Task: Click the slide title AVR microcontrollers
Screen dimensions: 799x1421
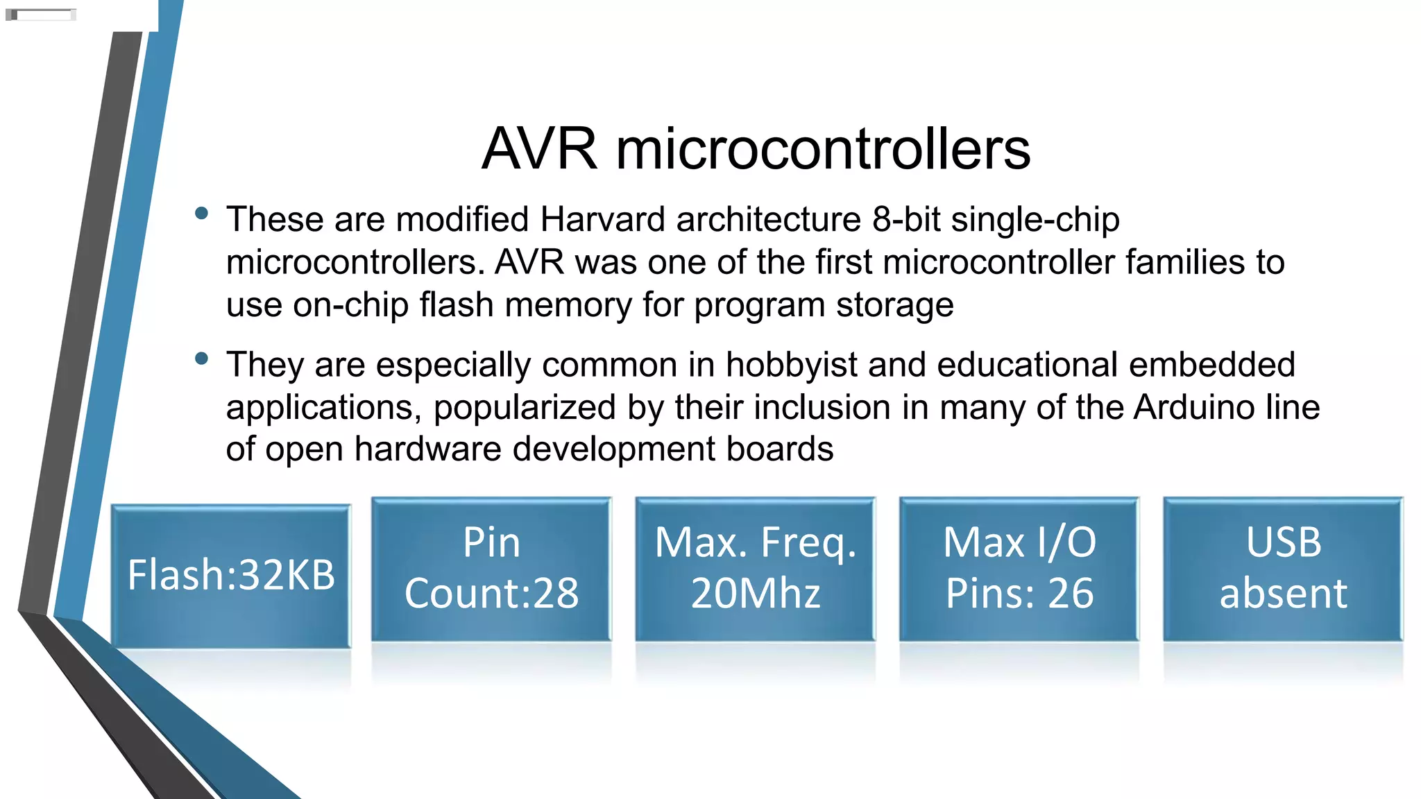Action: coord(756,148)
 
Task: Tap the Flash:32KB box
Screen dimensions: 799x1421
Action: coord(231,576)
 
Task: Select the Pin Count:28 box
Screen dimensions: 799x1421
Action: coord(491,569)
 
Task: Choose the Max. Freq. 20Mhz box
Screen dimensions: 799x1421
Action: coord(756,569)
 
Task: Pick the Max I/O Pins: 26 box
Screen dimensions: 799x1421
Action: coord(1019,569)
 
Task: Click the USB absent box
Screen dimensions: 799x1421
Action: coord(1283,569)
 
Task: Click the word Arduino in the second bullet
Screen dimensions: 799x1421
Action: coord(1193,407)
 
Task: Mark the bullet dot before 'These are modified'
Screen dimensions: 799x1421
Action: coord(202,213)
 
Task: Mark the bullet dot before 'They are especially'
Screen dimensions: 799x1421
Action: coord(202,359)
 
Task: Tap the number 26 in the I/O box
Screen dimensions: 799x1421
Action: coord(1071,594)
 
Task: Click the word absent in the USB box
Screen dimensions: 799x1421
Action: coord(1283,594)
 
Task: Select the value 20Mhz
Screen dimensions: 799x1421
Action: coord(756,594)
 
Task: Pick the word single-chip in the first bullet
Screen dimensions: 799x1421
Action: coord(1035,221)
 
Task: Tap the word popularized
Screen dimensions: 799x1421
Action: coord(525,408)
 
